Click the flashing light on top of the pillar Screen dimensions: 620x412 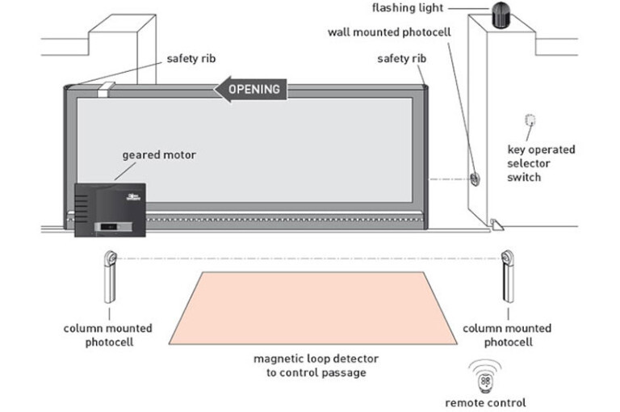coord(501,15)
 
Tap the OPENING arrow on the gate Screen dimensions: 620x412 coord(250,89)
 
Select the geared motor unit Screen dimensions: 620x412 coord(110,210)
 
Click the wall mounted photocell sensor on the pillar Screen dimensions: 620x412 coord(475,179)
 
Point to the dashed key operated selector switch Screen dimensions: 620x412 coord(530,120)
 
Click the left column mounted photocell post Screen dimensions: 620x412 coord(110,276)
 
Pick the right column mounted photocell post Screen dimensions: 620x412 coord(508,276)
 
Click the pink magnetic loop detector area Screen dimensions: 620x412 coord(313,308)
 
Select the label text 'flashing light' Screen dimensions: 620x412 coord(407,7)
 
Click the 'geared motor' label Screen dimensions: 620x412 coord(159,155)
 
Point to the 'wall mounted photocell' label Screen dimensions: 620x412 coord(389,32)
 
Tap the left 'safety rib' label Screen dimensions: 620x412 coord(191,59)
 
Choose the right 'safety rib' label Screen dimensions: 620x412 coord(402,59)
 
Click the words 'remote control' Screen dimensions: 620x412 coord(485,403)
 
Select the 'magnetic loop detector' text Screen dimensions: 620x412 coord(316,359)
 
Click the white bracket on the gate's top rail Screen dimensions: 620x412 coord(106,90)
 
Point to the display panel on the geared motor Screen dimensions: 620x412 coord(113,227)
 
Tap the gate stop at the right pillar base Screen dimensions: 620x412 coord(496,225)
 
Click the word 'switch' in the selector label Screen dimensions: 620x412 coord(524,177)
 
